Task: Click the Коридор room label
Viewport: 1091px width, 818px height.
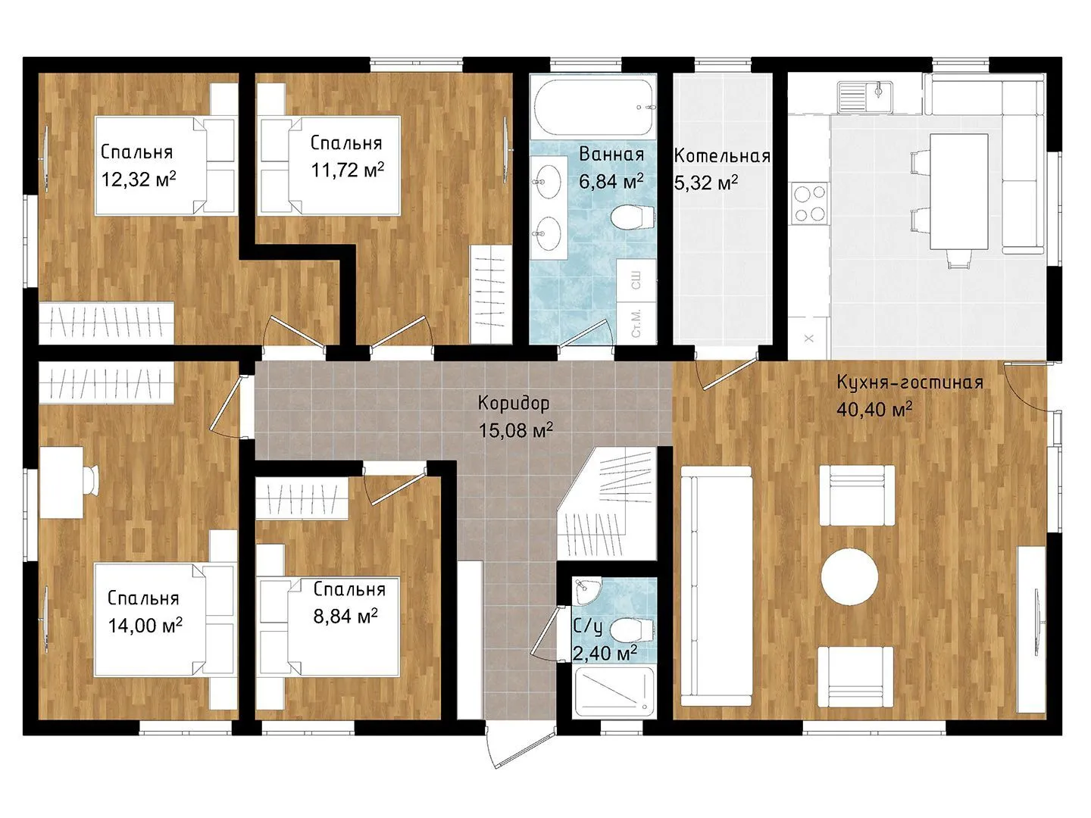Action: pos(514,403)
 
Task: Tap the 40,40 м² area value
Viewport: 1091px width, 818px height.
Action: pos(874,409)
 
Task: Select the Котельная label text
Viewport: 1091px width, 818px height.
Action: pos(722,156)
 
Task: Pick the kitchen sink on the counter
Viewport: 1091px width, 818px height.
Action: pos(865,96)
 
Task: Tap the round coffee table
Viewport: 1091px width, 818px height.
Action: pos(849,576)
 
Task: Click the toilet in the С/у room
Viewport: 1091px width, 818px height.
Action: pos(630,630)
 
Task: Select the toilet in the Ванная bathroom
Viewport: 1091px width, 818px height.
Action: pos(632,217)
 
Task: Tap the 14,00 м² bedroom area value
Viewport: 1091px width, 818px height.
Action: pos(145,625)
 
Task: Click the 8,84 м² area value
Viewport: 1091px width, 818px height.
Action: pos(345,616)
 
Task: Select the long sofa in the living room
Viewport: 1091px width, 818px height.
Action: pos(716,585)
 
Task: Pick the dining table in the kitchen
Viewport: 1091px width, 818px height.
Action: pos(958,191)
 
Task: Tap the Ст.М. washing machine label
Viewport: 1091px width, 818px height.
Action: pos(636,323)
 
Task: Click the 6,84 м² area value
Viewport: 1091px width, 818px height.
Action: pos(611,181)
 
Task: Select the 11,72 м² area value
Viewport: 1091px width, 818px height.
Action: pos(348,170)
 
